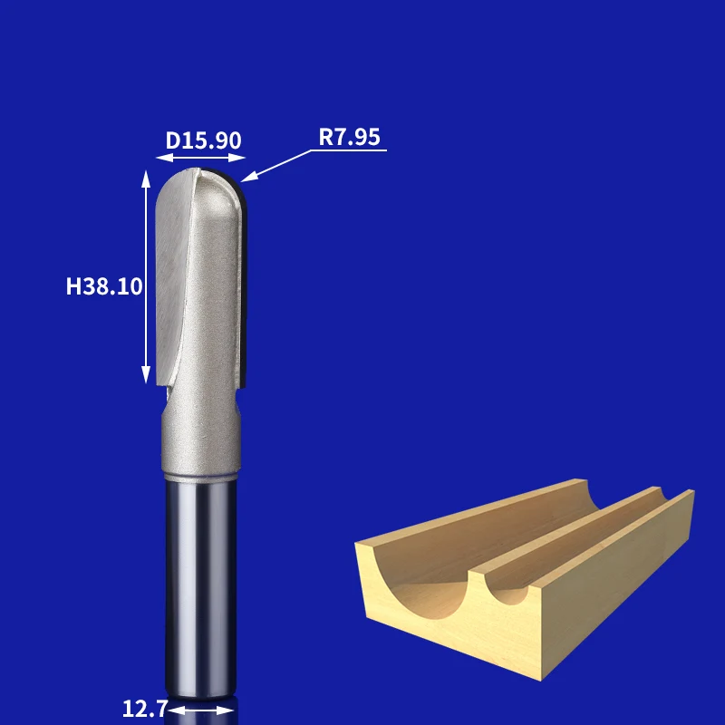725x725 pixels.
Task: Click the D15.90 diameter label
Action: pos(203,140)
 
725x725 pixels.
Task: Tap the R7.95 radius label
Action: pos(349,137)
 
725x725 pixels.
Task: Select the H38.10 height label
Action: pos(104,286)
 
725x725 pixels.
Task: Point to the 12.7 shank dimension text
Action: pos(145,709)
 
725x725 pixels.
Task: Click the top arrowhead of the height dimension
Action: pos(146,179)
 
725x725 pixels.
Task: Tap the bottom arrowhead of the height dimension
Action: pos(146,375)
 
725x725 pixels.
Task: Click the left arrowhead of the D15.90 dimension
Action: pos(165,158)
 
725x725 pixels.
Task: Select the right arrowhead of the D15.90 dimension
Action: pos(237,158)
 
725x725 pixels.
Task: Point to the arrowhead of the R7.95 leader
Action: pos(248,177)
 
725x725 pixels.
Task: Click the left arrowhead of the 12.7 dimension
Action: pos(177,710)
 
